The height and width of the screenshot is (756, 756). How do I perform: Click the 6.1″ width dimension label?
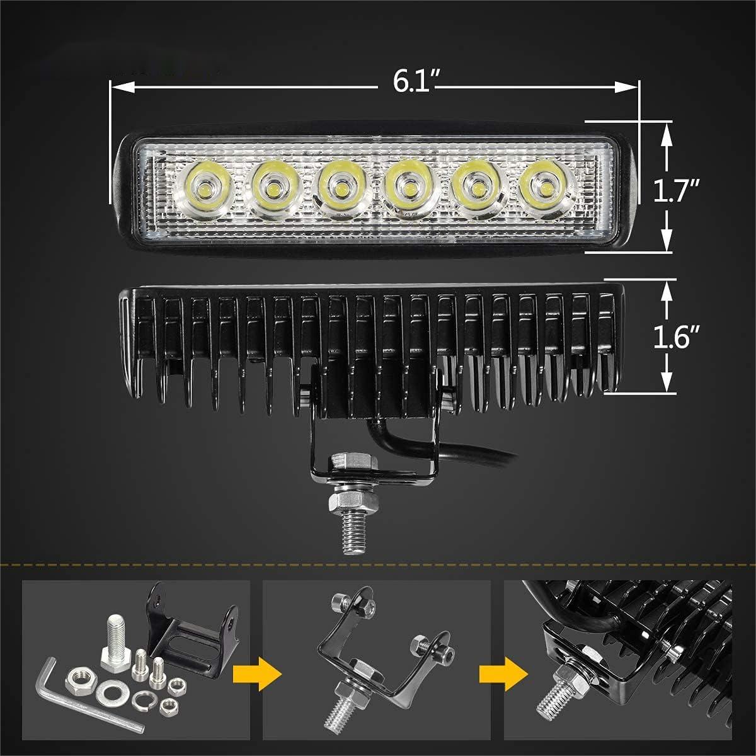point(416,83)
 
